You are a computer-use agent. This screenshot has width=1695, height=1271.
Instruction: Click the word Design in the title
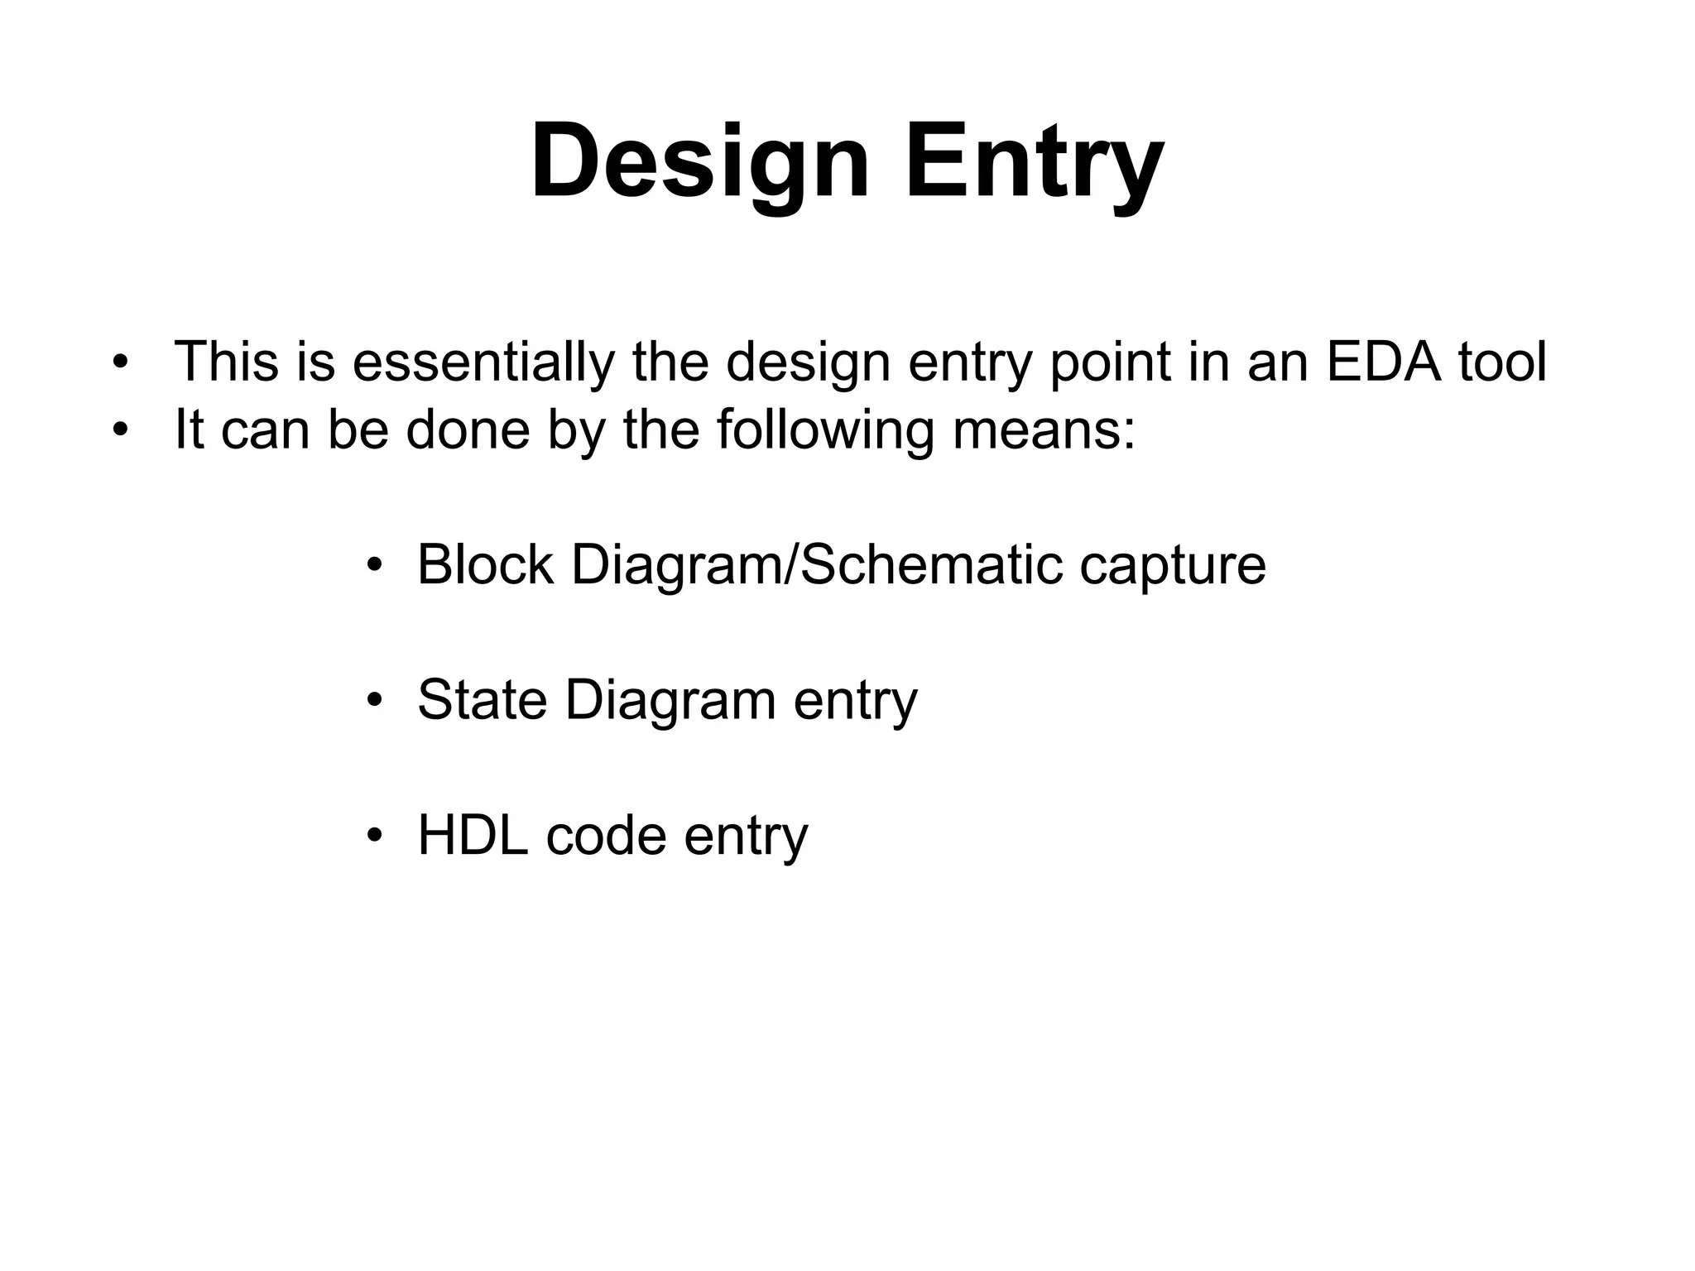[699, 161]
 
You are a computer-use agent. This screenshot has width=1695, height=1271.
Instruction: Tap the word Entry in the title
[1035, 161]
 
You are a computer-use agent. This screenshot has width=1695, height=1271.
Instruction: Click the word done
[468, 431]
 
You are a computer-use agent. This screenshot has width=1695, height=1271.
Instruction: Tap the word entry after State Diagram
[856, 702]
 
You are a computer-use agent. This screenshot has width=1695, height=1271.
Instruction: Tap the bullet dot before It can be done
[121, 431]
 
